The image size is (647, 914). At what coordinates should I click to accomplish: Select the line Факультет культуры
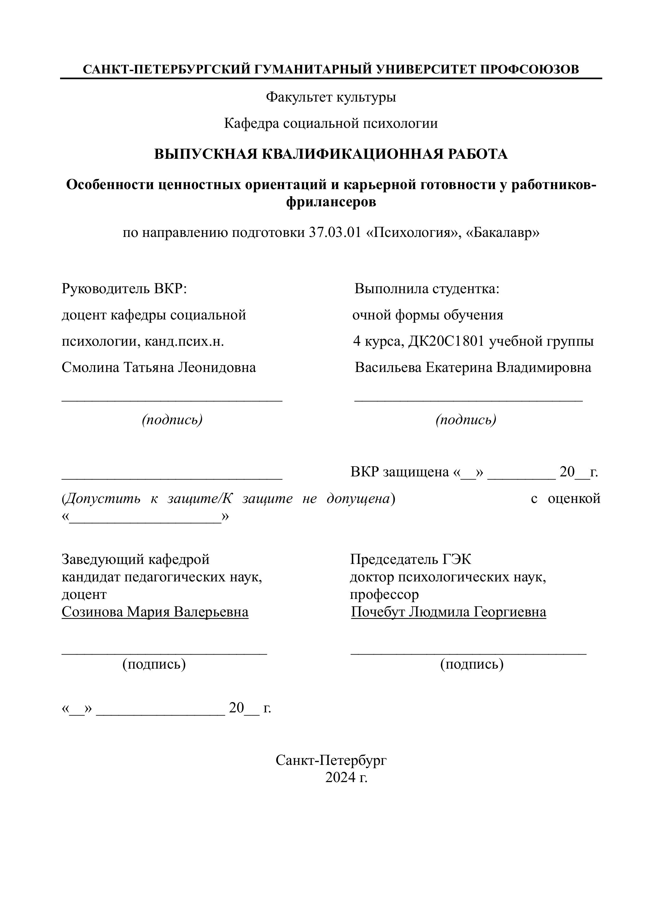[x=331, y=97]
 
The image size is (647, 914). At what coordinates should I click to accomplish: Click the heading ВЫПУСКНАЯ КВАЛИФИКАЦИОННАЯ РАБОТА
[x=331, y=154]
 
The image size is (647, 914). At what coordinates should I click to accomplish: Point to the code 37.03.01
[x=335, y=233]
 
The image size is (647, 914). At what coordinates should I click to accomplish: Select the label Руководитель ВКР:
[x=124, y=289]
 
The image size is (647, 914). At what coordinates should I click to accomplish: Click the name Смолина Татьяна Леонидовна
[x=159, y=367]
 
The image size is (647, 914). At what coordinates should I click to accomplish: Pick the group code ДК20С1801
[x=446, y=341]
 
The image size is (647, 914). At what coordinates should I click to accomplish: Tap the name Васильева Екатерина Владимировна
[x=473, y=367]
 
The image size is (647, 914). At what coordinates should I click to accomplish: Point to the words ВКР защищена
[x=400, y=472]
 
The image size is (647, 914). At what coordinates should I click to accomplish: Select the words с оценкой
[x=565, y=498]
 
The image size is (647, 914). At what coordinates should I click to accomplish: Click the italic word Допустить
[x=103, y=498]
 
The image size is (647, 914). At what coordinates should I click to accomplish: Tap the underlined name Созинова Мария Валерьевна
[x=155, y=611]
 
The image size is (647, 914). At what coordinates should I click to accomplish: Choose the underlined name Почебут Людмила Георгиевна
[x=448, y=611]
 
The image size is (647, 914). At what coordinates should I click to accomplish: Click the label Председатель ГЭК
[x=410, y=559]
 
